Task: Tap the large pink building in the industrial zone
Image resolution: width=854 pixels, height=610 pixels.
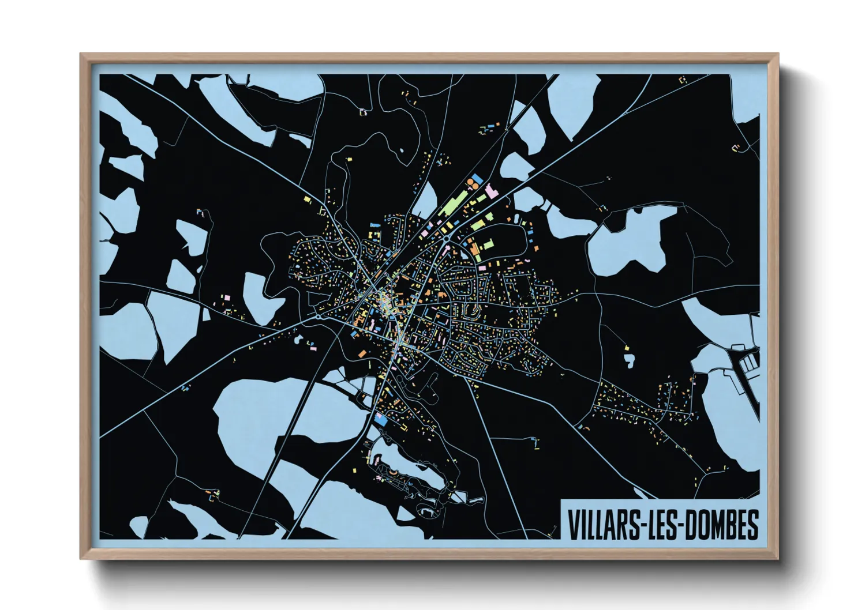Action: click(x=491, y=191)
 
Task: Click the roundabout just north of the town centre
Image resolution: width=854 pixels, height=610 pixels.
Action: click(x=448, y=238)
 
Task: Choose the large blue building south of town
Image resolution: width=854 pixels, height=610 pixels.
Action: click(x=381, y=421)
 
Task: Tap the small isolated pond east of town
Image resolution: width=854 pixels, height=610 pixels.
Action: click(x=629, y=361)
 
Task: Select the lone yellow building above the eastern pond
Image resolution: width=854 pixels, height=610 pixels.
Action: click(x=627, y=348)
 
